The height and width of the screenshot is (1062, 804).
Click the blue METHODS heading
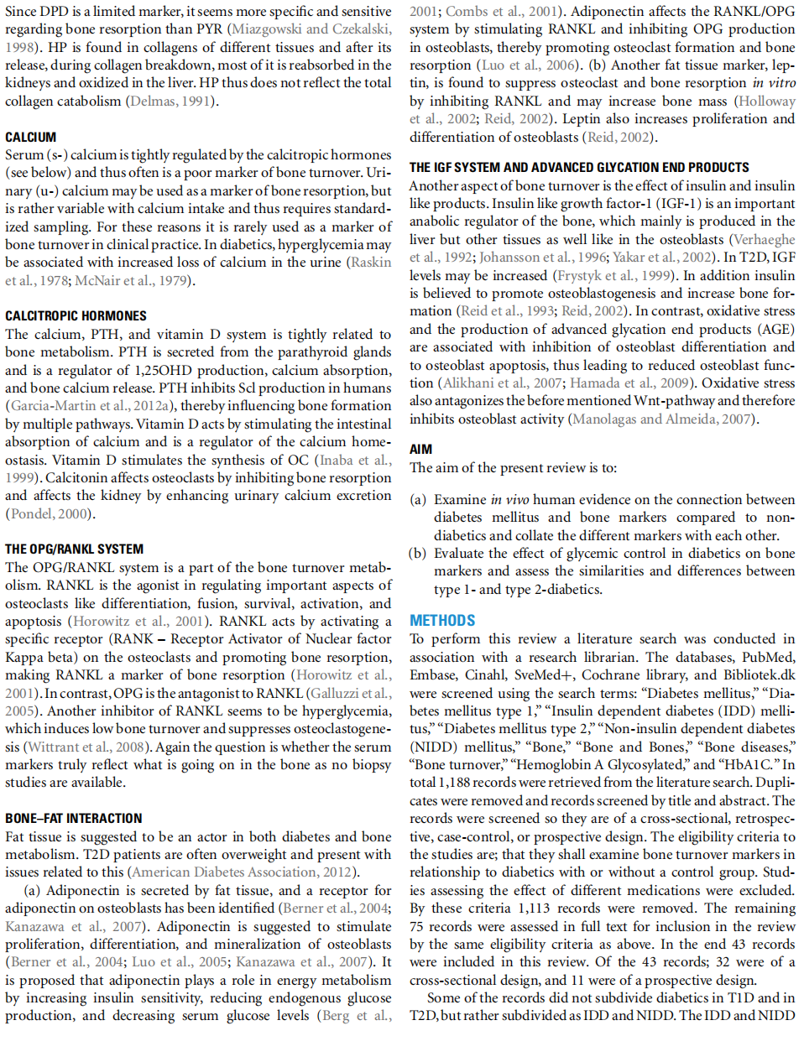[x=442, y=621]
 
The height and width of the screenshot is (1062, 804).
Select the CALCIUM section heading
[x=31, y=137]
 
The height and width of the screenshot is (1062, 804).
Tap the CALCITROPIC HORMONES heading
[x=76, y=316]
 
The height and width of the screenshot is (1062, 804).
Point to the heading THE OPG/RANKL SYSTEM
[x=74, y=549]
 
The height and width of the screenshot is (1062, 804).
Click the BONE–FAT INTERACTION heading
[x=74, y=819]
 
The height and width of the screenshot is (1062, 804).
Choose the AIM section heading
[x=421, y=450]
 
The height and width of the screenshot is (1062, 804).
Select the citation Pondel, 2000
[x=50, y=513]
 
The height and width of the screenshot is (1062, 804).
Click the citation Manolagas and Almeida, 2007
[x=662, y=419]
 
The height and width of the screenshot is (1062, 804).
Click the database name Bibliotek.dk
[x=758, y=674]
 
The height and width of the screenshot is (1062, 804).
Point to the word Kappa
[x=23, y=657]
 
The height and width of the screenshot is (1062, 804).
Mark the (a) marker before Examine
[x=418, y=500]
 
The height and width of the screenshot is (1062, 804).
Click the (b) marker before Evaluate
[x=418, y=554]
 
